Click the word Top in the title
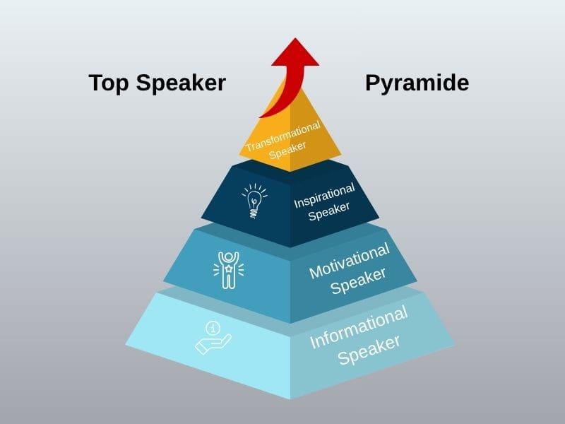tap(109, 83)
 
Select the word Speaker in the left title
tap(180, 83)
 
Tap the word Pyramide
tap(417, 83)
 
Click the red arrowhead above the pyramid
tap(295, 54)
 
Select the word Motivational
tap(350, 261)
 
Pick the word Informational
tap(359, 327)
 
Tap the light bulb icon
tap(254, 200)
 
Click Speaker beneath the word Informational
tap(369, 349)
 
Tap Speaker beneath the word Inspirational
tap(329, 211)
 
